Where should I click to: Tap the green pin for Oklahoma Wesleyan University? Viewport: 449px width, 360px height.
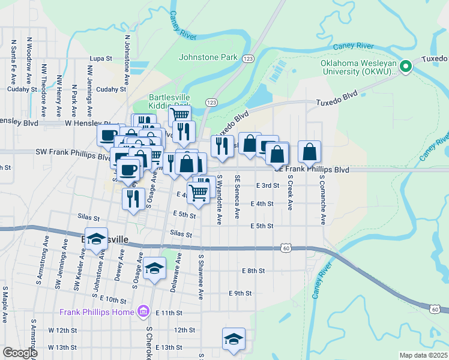[x=406, y=66]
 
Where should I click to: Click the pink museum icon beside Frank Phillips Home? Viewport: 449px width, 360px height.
[x=143, y=312]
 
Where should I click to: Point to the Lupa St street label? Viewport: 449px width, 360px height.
[x=101, y=59]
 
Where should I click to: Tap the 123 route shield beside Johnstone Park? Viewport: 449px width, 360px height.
[x=248, y=58]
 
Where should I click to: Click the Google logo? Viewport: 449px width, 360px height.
[x=19, y=353]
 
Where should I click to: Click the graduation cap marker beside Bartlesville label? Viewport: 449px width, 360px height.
[x=96, y=240]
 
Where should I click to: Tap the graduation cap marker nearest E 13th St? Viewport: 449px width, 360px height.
[x=234, y=340]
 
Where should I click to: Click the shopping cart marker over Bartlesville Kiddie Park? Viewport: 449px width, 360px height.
[x=179, y=114]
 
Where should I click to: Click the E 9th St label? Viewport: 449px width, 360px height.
[x=240, y=293]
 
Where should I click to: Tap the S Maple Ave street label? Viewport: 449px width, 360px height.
[x=5, y=306]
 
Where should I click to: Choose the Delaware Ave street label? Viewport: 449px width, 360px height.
[x=175, y=272]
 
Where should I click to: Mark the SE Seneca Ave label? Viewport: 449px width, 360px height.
[x=238, y=197]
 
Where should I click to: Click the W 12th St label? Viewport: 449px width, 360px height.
[x=59, y=331]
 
